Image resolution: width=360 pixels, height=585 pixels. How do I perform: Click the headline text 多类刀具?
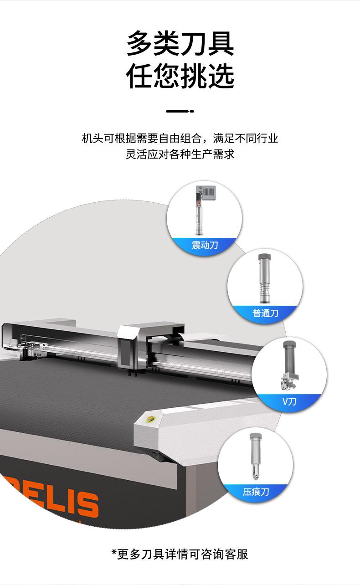pos(180,43)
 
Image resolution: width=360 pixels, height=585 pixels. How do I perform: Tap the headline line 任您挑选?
pos(180,76)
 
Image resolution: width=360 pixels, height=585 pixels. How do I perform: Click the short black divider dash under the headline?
pos(180,111)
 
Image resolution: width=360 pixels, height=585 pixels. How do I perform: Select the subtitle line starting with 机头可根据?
pos(180,139)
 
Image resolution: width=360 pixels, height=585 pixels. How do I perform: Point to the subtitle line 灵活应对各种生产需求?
pos(180,154)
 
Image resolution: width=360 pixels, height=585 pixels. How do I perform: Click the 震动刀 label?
pos(205,245)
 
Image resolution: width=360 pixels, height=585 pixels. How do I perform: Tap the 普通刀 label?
pos(265,313)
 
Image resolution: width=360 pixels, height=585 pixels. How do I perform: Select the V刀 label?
pos(289,401)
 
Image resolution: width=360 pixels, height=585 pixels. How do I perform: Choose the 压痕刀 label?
pos(256,492)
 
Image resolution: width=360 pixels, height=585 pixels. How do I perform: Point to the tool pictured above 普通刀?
pos(264,278)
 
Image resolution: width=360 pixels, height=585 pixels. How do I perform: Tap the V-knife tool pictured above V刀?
pos(289,365)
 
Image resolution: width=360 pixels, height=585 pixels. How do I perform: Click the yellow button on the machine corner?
pos(151,419)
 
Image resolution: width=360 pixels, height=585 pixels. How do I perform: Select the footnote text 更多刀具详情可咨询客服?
pos(183,554)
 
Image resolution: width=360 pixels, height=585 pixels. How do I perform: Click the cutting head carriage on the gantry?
pos(128,344)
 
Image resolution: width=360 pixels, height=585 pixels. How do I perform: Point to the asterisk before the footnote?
pos(114,552)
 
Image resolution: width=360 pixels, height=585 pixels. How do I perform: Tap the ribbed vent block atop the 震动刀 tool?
pos(208,191)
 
